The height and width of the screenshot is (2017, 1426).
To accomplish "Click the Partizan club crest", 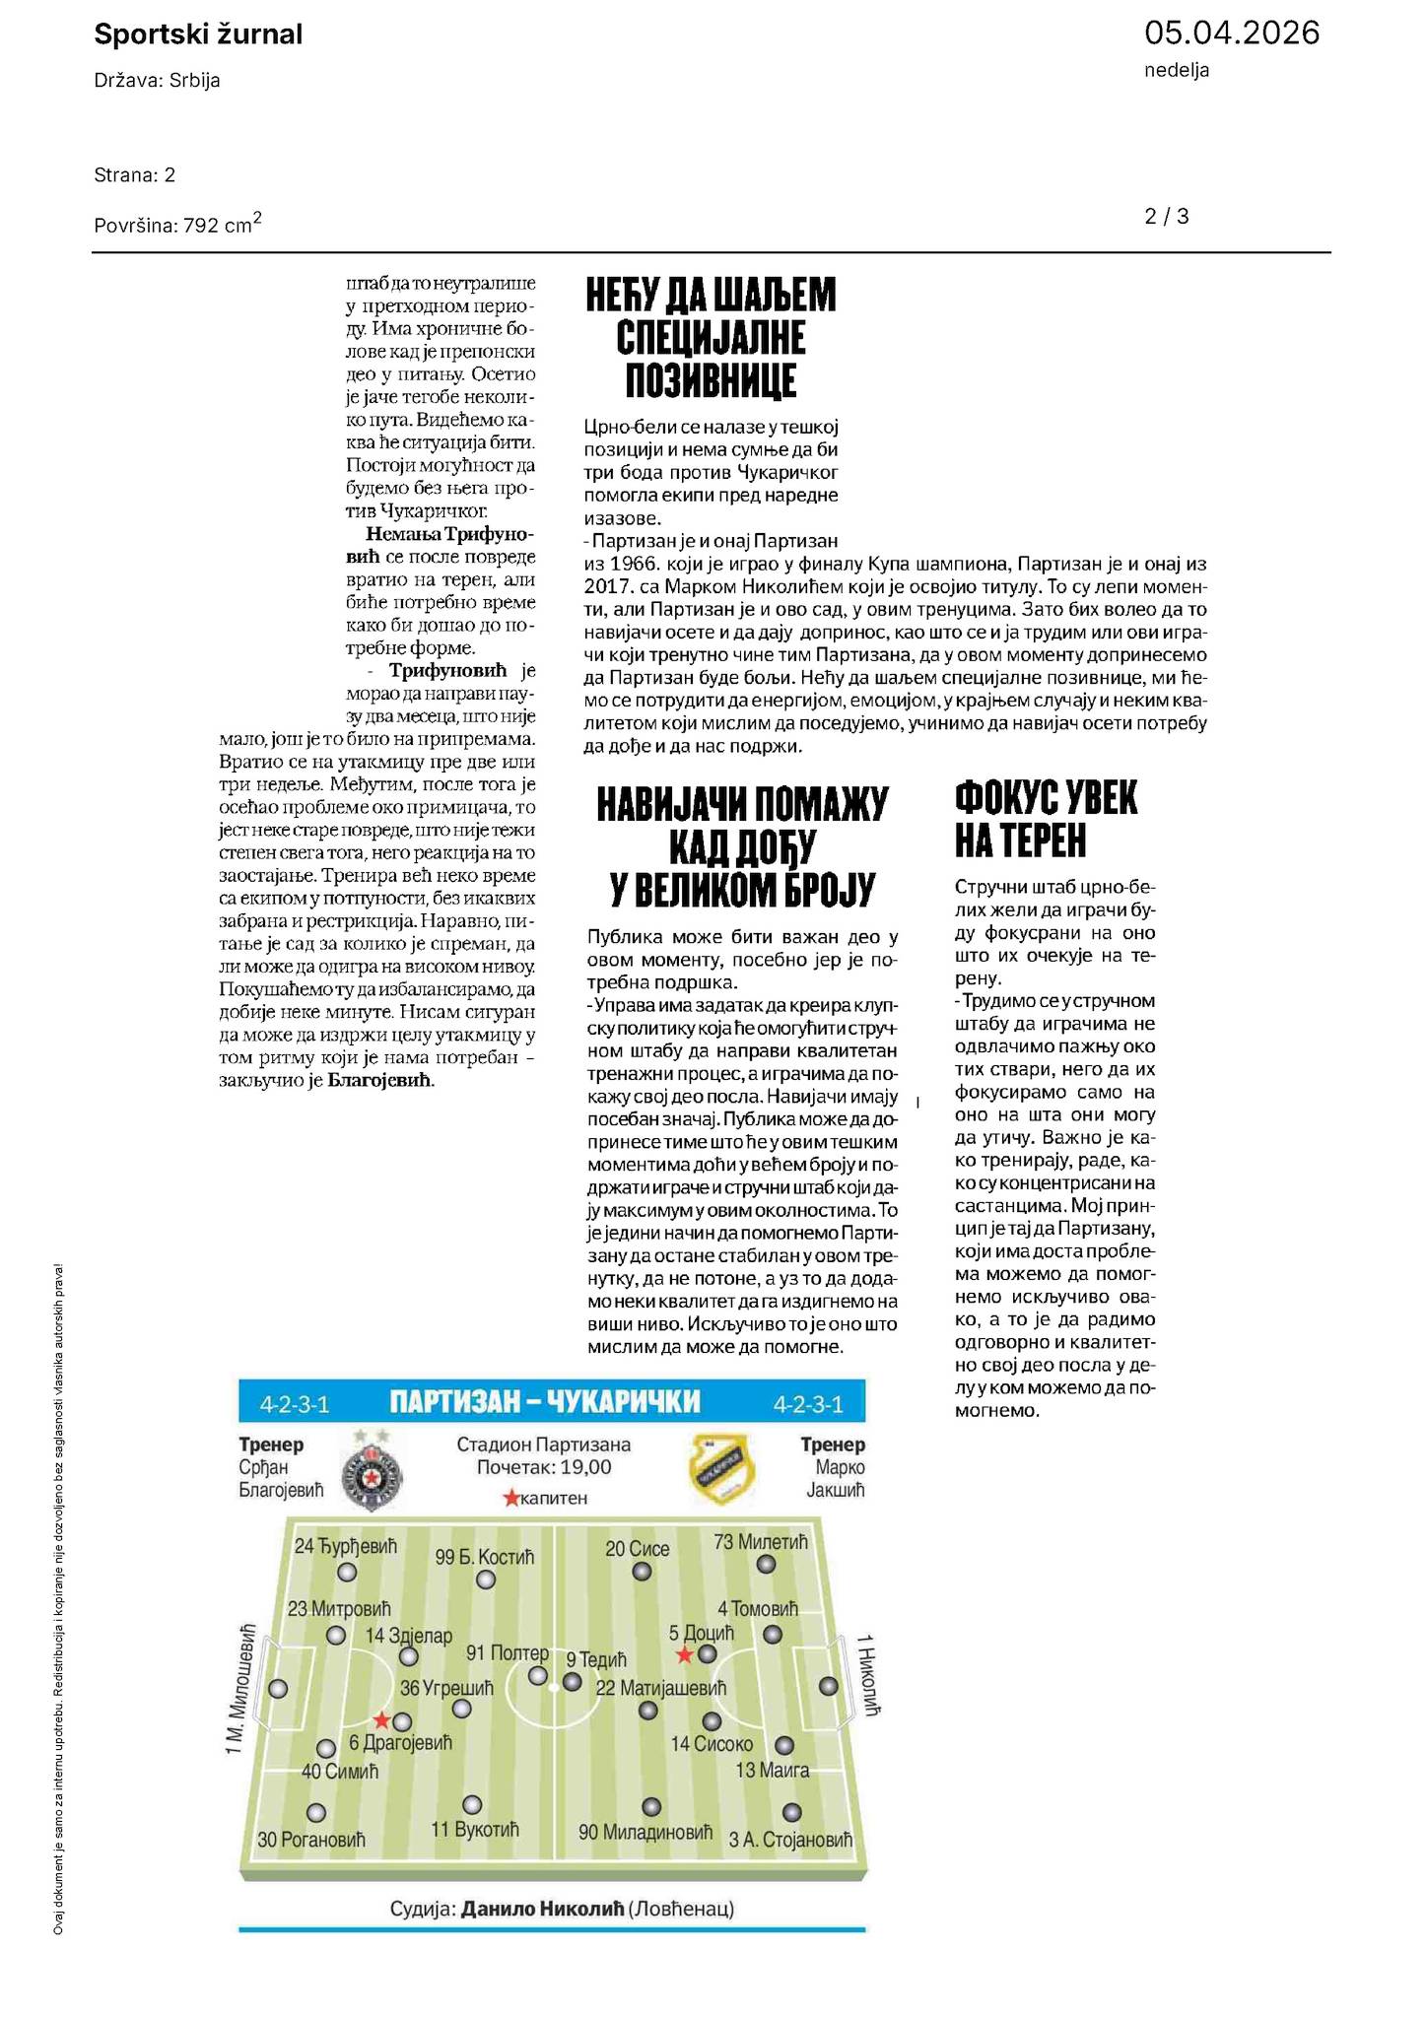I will pyautogui.click(x=372, y=1473).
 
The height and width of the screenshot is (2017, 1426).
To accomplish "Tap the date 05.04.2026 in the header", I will pyautogui.click(x=1231, y=34).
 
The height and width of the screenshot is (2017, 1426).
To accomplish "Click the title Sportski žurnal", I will pyautogui.click(x=198, y=35).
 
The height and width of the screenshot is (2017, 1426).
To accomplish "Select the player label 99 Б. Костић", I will pyautogui.click(x=485, y=1557).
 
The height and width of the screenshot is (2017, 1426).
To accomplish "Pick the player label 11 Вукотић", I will pyautogui.click(x=475, y=1830).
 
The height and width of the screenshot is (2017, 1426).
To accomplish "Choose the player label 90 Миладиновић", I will pyautogui.click(x=645, y=1833).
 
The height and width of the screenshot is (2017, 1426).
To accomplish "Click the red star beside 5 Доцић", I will pyautogui.click(x=684, y=1655).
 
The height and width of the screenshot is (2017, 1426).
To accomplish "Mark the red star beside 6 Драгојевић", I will pyautogui.click(x=381, y=1720).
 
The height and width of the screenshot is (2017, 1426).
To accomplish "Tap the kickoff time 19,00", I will pyautogui.click(x=585, y=1467).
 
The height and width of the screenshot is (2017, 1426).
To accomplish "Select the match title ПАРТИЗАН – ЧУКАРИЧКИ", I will pyautogui.click(x=545, y=1401).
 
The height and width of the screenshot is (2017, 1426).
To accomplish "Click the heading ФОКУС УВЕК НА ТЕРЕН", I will pyautogui.click(x=1046, y=819).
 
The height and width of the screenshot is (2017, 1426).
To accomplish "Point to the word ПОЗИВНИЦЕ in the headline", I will pyautogui.click(x=711, y=380).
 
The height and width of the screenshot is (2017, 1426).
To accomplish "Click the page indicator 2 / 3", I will pyautogui.click(x=1167, y=217).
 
